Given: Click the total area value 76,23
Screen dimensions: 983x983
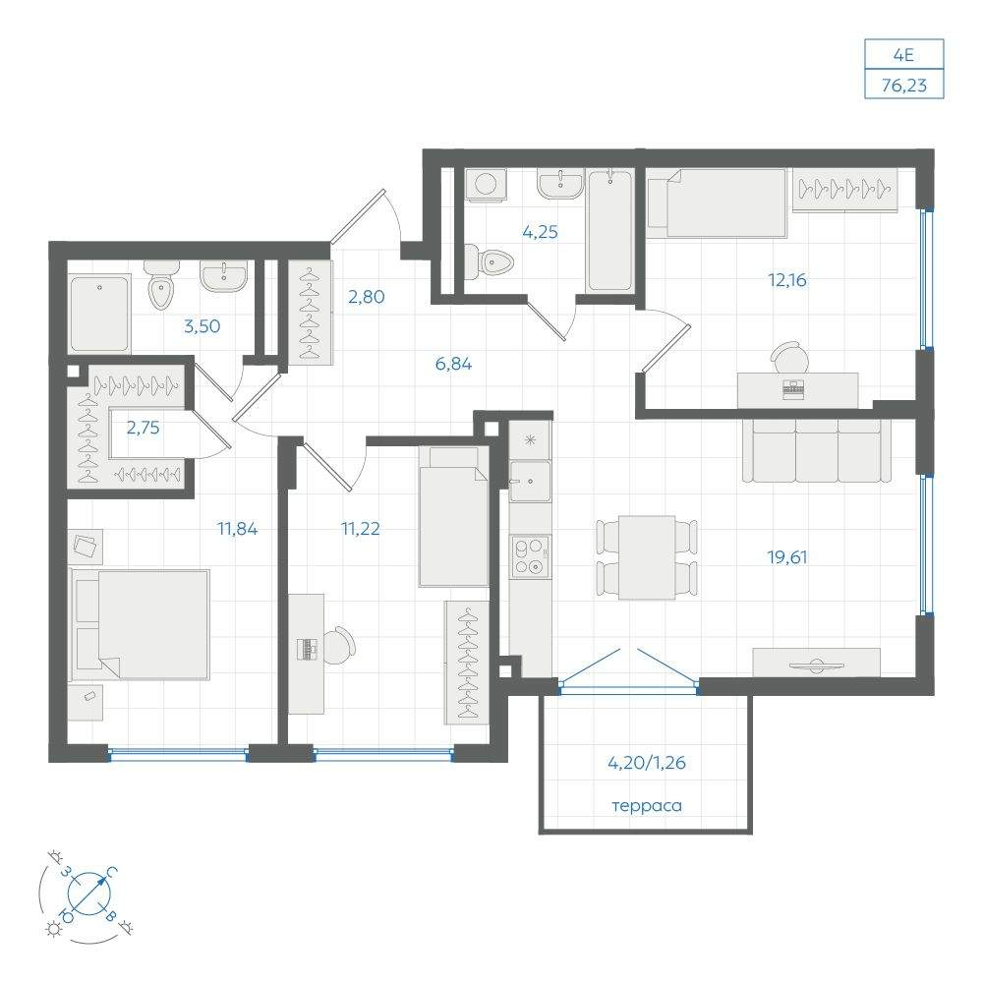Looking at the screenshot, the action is (904, 86).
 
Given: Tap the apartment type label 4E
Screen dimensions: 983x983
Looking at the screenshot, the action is (903, 55).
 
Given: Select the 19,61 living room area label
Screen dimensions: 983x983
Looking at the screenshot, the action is (787, 556).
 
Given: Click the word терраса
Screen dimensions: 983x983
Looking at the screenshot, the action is (647, 806).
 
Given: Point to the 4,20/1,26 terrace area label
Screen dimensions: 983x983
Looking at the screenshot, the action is (647, 763).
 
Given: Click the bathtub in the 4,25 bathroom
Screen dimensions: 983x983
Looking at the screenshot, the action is (610, 230).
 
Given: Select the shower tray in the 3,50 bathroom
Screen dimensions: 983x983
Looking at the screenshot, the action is (100, 315).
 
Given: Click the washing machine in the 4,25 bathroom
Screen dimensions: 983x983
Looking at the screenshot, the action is (486, 185).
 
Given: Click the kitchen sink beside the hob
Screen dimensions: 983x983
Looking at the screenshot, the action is (531, 482).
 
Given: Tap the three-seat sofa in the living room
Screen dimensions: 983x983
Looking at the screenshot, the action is (817, 449).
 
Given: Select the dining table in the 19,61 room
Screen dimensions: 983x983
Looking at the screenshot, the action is (647, 557).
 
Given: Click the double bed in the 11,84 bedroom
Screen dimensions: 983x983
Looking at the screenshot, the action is (140, 624).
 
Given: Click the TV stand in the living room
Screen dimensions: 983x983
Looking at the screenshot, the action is (816, 663).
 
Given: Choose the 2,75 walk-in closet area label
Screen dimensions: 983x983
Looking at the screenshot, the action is (143, 429).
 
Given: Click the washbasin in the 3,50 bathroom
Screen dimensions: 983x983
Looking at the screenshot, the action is (224, 276).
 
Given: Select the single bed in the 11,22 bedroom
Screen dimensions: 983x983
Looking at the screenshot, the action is (453, 517).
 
